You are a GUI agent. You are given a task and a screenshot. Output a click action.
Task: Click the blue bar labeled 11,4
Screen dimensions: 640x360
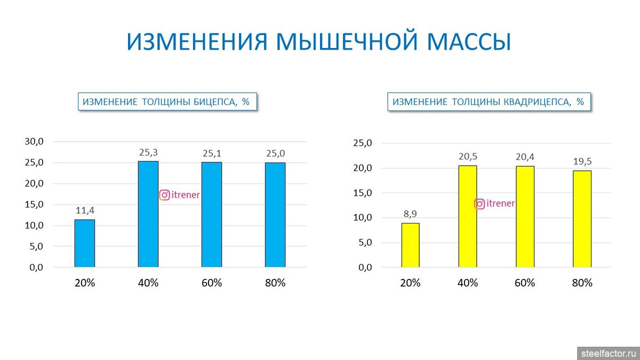(85, 243)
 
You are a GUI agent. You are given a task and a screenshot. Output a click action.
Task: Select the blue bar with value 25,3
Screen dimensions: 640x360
(148, 214)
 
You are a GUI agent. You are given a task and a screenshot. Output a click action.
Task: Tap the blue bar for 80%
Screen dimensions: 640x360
(275, 215)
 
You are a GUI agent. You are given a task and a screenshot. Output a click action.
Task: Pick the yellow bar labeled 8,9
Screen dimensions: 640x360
(411, 245)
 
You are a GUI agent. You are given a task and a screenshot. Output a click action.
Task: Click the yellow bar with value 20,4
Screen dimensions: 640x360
(525, 217)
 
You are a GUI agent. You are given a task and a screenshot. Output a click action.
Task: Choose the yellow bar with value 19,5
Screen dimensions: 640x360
(582, 219)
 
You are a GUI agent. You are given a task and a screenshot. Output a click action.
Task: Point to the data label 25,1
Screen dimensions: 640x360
(212, 154)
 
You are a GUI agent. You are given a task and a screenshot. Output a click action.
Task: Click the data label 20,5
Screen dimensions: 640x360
(468, 157)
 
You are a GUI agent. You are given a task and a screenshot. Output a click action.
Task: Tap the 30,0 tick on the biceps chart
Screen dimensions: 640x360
(34, 141)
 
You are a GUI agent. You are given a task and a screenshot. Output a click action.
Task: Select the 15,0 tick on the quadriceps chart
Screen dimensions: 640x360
(363, 193)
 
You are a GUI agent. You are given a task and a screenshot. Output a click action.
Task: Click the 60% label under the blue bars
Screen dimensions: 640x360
(212, 283)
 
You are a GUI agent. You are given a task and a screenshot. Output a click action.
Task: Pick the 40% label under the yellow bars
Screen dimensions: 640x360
(468, 283)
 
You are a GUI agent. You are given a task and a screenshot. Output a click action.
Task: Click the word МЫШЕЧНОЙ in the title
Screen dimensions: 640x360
(347, 42)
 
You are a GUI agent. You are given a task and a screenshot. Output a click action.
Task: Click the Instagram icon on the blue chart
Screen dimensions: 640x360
(165, 195)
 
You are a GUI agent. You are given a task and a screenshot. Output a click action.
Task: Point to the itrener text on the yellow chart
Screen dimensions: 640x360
(501, 203)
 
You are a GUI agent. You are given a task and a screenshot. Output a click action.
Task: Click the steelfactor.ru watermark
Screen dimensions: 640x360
(609, 354)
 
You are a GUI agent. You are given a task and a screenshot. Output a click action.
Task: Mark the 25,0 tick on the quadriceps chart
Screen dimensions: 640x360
(363, 143)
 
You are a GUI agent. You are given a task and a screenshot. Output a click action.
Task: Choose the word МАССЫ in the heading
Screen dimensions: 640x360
(469, 42)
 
